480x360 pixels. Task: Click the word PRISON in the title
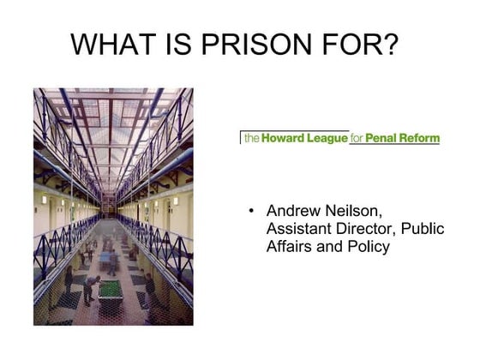click(x=248, y=44)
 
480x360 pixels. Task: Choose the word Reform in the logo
click(x=419, y=137)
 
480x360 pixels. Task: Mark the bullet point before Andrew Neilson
click(x=250, y=211)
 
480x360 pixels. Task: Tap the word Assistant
click(x=297, y=229)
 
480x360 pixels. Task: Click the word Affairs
click(x=291, y=247)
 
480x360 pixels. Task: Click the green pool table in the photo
click(x=111, y=288)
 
